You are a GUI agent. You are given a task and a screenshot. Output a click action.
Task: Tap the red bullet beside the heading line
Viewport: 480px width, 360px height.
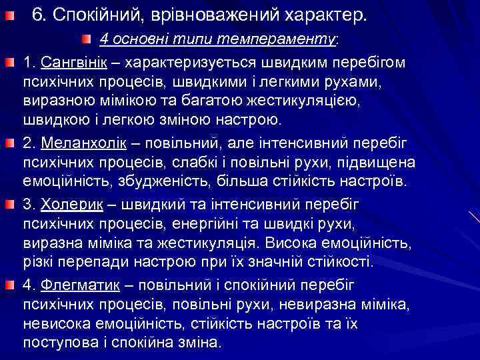7,15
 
